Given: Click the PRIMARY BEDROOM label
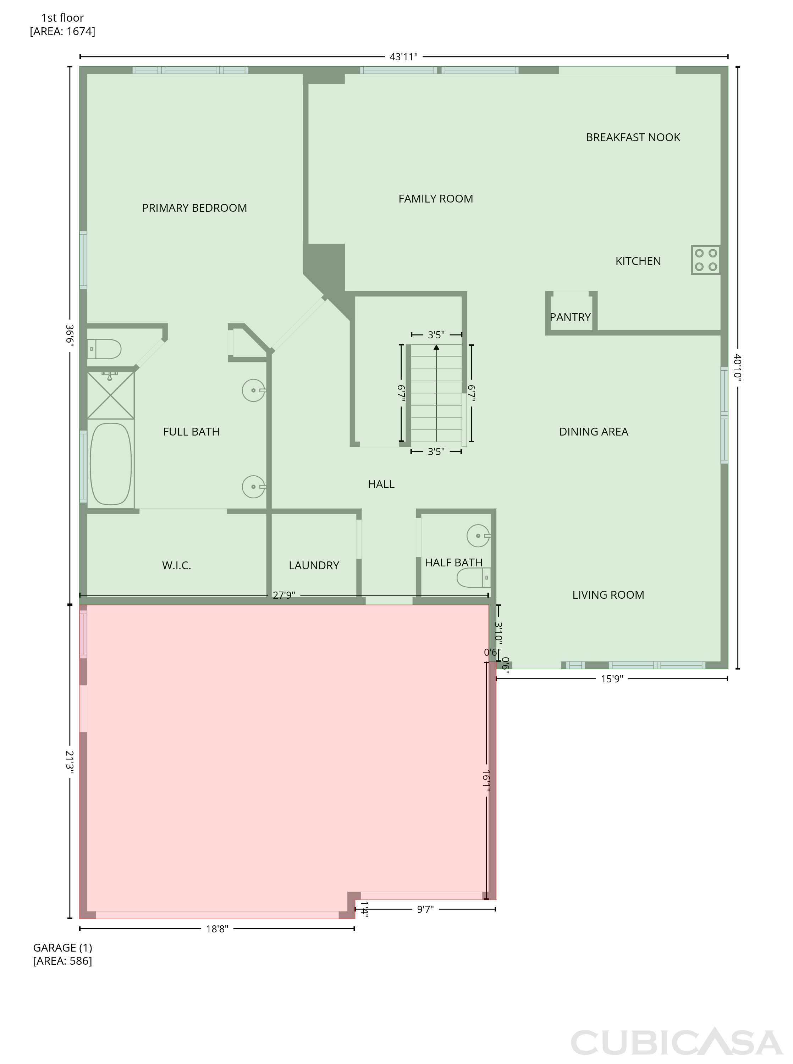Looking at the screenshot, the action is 194,208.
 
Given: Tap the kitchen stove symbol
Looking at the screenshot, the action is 706,260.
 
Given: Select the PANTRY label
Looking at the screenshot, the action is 570,317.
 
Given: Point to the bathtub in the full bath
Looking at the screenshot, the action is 111,464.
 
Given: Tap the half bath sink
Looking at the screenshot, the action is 479,535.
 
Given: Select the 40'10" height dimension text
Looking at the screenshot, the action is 738,367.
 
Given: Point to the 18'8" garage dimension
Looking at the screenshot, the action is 217,929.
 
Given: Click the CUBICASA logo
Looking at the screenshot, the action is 677,1042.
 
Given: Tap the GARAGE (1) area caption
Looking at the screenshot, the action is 62,954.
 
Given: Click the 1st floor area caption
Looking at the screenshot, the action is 62,24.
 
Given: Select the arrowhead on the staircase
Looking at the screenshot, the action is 436,347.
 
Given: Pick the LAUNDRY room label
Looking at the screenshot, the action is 314,566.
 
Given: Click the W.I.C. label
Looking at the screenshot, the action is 177,566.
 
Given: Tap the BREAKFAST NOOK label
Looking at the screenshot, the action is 633,137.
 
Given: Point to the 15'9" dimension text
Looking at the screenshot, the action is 612,679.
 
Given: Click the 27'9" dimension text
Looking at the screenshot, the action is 284,595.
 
